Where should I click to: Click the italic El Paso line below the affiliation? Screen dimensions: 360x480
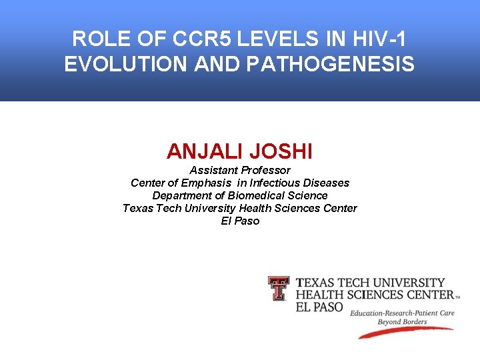(x=240, y=221)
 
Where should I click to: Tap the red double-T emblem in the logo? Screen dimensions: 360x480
(x=279, y=289)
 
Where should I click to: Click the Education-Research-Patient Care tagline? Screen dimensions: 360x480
(x=403, y=313)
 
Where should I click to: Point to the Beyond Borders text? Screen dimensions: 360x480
(x=402, y=321)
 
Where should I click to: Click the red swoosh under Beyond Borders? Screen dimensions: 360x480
(x=407, y=331)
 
